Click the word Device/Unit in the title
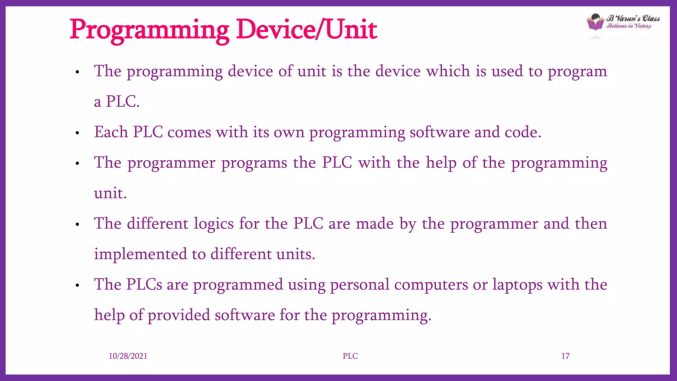click(x=306, y=30)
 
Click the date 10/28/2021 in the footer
click(x=128, y=356)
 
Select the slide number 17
click(x=565, y=356)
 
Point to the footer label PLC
click(x=350, y=356)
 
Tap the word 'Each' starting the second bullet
click(x=111, y=132)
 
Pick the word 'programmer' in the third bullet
click(x=171, y=163)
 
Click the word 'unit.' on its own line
click(x=110, y=193)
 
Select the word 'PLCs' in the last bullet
click(x=144, y=284)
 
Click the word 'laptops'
click(x=517, y=285)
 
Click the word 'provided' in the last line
click(x=179, y=315)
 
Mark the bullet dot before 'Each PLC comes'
click(x=77, y=133)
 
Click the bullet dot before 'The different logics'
click(x=77, y=225)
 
